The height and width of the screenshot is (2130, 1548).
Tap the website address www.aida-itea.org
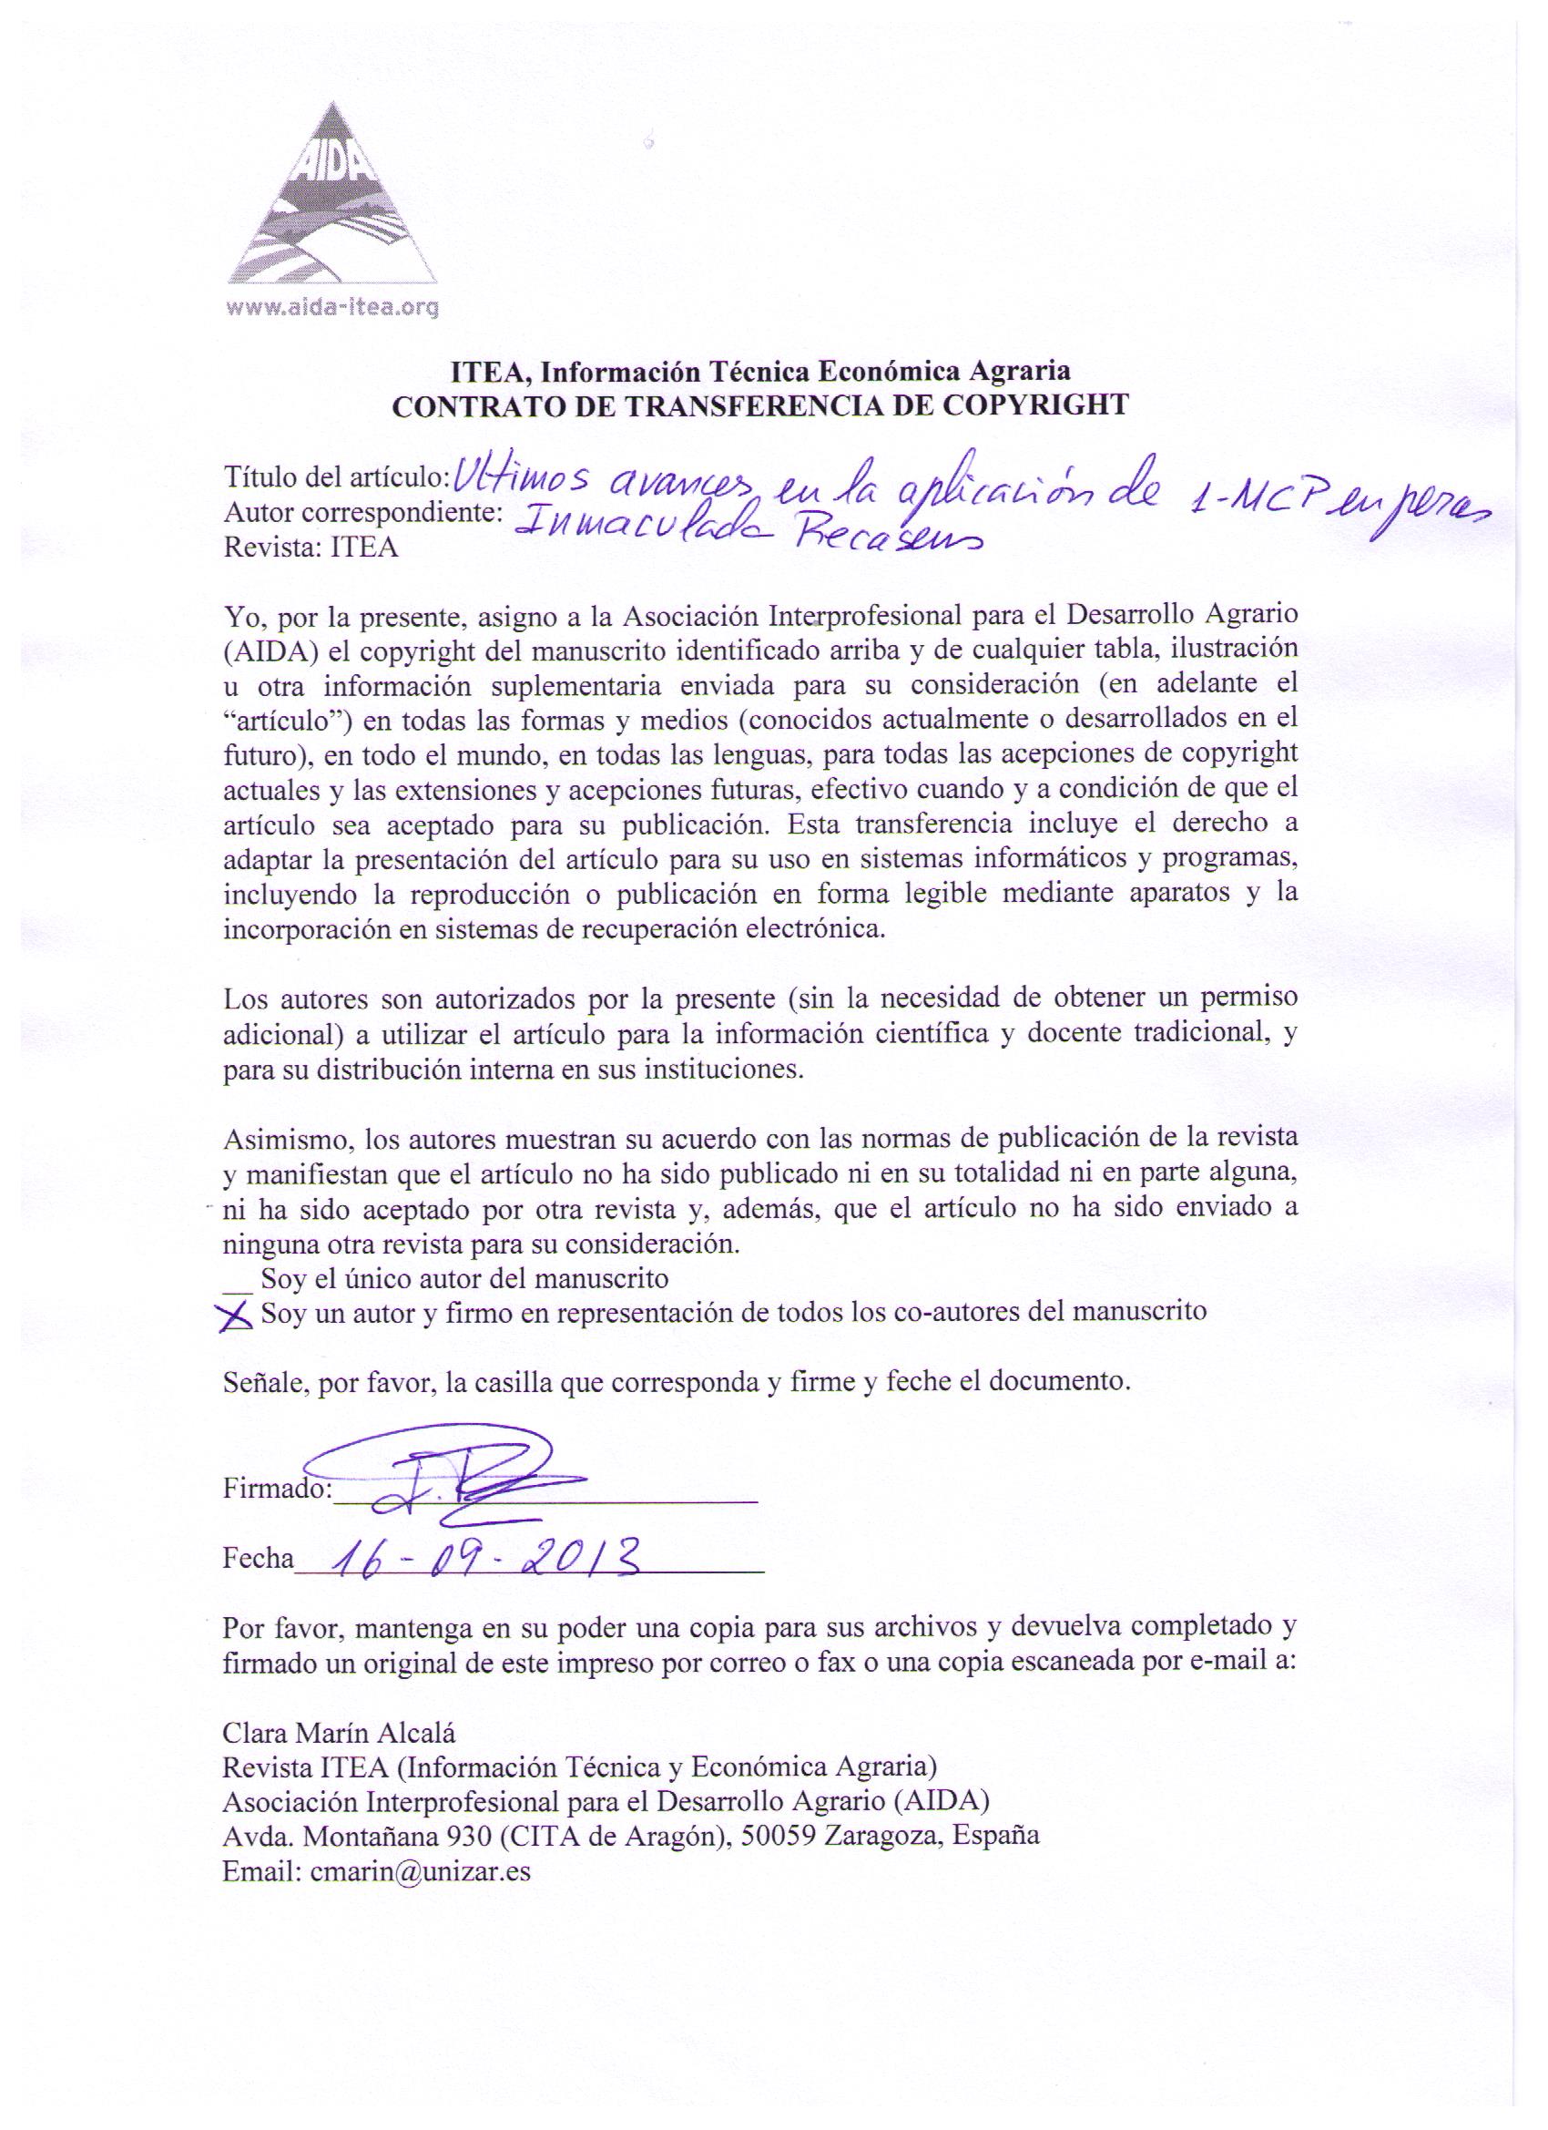[x=332, y=307]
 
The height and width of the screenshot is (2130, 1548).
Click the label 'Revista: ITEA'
[x=310, y=548]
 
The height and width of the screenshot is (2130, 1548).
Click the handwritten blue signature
[x=460, y=1482]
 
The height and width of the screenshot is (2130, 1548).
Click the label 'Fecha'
[x=257, y=1559]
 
